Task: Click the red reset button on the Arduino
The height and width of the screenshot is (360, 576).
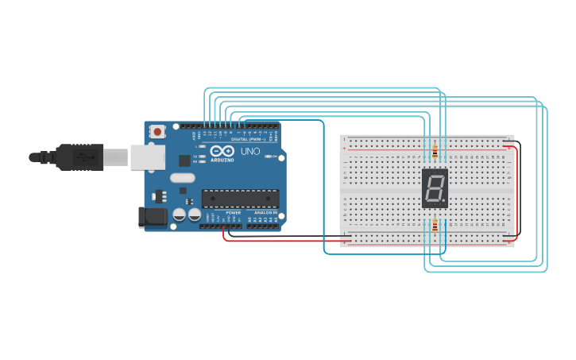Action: (157, 131)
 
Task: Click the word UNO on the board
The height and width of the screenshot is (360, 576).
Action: (250, 150)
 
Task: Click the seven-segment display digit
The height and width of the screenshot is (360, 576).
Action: (435, 188)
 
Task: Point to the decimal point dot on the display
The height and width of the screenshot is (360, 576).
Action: (443, 201)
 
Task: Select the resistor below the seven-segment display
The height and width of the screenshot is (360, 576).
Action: (435, 225)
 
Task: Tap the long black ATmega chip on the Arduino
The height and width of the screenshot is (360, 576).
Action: (240, 198)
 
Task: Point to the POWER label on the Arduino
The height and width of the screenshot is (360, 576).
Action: (234, 213)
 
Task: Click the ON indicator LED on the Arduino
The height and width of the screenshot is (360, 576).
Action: (269, 157)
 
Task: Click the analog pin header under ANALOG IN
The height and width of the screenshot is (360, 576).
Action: (262, 226)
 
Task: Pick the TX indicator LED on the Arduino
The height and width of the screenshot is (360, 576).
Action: (203, 157)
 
